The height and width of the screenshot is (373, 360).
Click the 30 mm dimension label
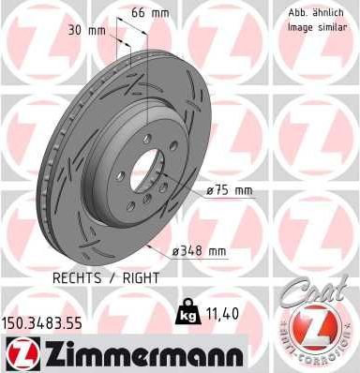81,30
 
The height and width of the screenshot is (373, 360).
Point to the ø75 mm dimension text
231,191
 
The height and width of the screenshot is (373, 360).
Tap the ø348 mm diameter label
201,251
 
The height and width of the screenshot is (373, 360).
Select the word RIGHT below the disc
141,277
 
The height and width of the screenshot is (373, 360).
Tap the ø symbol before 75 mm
210,191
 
